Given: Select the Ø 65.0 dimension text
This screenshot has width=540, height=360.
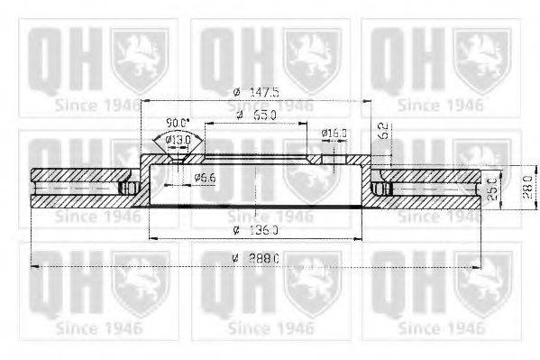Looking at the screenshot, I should pyautogui.click(x=259, y=115).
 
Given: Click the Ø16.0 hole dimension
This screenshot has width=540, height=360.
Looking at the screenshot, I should pyautogui.click(x=334, y=133).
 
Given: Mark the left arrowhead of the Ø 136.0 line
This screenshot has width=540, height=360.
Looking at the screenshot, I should pyautogui.click(x=151, y=238).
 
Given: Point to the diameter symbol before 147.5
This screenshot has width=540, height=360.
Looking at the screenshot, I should pyautogui.click(x=234, y=91).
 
